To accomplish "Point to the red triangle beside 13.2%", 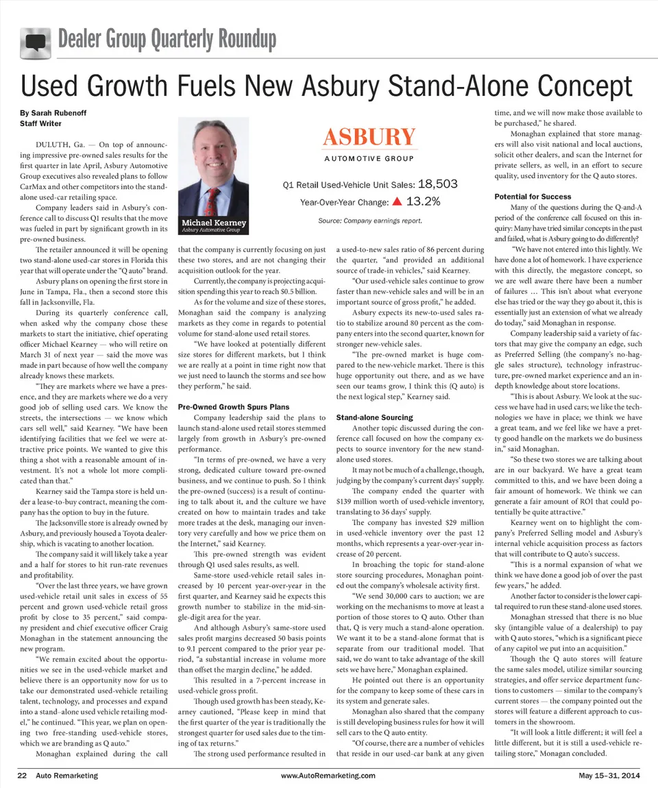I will pos(396,202).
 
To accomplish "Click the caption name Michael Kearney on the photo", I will pos(213,223).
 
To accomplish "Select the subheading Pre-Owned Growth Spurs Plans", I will pos(232,406).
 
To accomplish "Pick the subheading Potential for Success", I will pos(533,197).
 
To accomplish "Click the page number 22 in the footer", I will pos(22,775).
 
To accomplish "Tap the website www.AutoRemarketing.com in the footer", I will pos(328,775).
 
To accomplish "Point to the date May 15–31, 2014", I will pos(609,775).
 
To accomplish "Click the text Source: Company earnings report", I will pos(369,221).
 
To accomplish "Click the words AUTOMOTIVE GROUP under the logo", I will pos(369,159).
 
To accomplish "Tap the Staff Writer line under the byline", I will pos(41,123).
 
